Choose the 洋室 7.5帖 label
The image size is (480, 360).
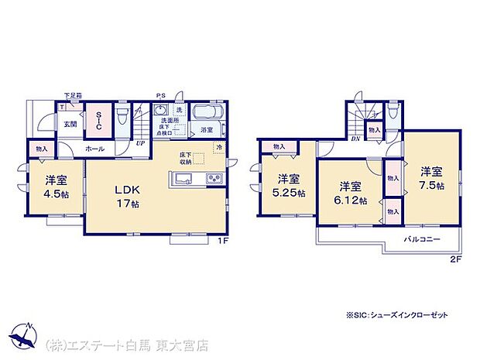pyautogui.click(x=432, y=178)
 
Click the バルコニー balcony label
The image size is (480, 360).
pyautogui.click(x=421, y=239)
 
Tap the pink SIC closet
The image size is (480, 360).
pyautogui.click(x=98, y=121)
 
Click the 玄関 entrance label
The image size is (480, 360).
pyautogui.click(x=70, y=123)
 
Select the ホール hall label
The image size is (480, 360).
pyautogui.click(x=95, y=147)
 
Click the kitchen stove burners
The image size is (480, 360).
pyautogui.click(x=211, y=180)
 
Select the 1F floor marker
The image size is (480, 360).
pyautogui.click(x=221, y=241)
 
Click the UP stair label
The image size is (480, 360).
pyautogui.click(x=140, y=143)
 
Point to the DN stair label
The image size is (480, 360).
pyautogui.click(x=355, y=139)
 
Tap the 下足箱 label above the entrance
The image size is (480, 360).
pyautogui.click(x=73, y=95)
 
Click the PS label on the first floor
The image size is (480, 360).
pyautogui.click(x=159, y=95)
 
